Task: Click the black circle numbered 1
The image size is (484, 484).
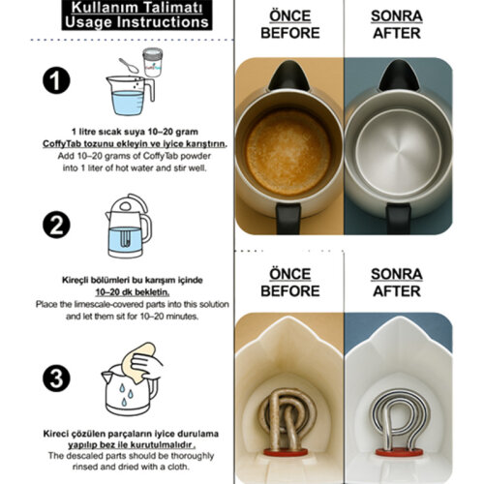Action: coord(56,80)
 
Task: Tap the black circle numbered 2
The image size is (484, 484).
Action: coord(56,225)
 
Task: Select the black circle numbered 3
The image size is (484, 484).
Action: coord(56,378)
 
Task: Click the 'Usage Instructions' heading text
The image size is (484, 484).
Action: coord(136,22)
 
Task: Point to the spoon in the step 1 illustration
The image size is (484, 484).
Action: coord(129,65)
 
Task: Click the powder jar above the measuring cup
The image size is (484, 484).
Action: coord(153,62)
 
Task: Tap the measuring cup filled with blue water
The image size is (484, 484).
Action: coord(130,96)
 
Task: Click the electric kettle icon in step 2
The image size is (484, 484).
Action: coord(129,226)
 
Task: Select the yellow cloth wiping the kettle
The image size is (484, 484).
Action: coord(138,362)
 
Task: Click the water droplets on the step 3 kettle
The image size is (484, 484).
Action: coord(125,395)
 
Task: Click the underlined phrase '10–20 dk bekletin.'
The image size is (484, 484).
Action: coord(133,292)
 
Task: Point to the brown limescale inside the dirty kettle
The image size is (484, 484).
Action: coord(288,153)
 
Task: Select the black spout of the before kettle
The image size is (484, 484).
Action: coord(288,76)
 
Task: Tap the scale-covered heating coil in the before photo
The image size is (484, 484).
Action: coord(287,419)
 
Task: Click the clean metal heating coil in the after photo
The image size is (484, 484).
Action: coord(400,419)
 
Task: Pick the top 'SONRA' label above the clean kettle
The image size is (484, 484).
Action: coord(397,15)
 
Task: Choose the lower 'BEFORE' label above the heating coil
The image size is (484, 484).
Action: coord(290,291)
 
